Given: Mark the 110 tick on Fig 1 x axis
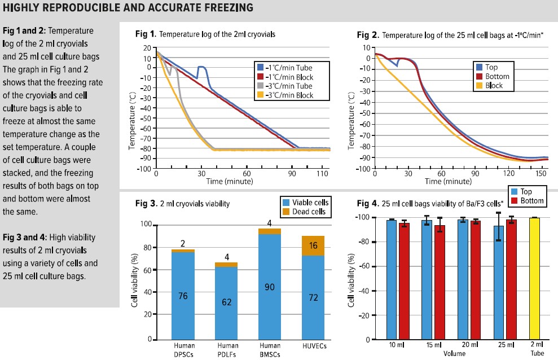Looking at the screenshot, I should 322,175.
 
